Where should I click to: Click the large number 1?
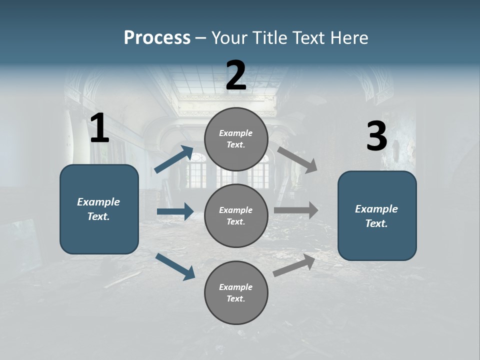coord(99,128)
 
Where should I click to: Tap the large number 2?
coord(236,75)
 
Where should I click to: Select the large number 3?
coord(376,136)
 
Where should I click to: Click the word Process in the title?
coord(157,37)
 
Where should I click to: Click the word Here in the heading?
coord(349,37)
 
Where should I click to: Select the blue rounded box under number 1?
coord(99,209)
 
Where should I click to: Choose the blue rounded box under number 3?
coord(377,215)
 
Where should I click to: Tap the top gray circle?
coord(236,139)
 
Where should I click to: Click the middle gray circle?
coord(236,215)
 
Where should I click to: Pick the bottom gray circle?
coord(236,292)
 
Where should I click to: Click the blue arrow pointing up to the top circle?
coord(173,159)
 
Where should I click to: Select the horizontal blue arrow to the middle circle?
coord(175,211)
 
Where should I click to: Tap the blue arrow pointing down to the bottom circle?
coord(175,266)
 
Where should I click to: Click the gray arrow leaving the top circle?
coord(297,159)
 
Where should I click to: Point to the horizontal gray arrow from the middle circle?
coord(296,210)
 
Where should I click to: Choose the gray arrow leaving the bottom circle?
coord(294,265)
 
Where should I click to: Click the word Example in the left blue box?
coord(98,202)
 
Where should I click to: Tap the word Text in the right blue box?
coord(376,223)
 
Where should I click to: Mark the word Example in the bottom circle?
coord(235,287)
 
